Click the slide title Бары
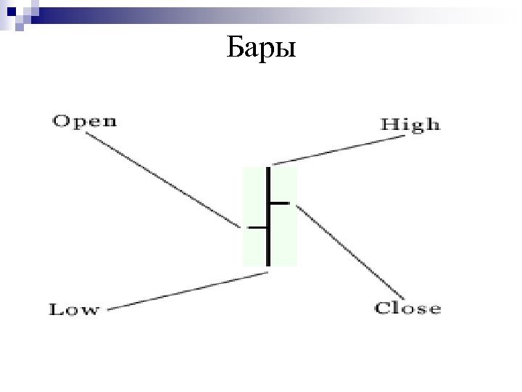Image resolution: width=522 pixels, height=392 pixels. click(x=260, y=49)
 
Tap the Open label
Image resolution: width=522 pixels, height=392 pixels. click(x=85, y=121)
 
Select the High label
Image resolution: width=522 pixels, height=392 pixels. click(x=411, y=124)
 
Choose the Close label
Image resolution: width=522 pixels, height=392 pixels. click(x=407, y=309)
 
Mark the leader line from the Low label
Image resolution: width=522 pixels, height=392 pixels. click(x=188, y=291)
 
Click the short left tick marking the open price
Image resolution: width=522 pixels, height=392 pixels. click(x=257, y=227)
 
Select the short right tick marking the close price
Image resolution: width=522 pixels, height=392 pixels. click(x=280, y=203)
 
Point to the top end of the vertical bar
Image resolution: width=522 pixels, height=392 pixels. click(x=268, y=169)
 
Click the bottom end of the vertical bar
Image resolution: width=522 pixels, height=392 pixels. click(x=268, y=264)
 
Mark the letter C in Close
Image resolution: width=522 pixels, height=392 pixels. click(x=382, y=309)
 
